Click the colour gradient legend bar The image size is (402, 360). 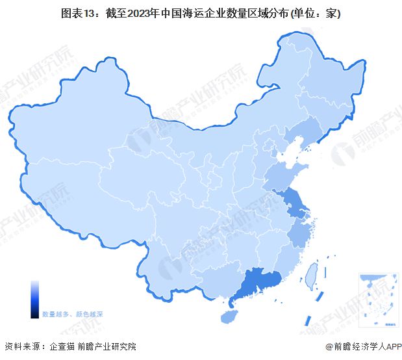tap(34, 300)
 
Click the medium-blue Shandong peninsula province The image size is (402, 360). tap(285, 174)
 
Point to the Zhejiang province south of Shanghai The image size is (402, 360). tap(300, 231)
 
